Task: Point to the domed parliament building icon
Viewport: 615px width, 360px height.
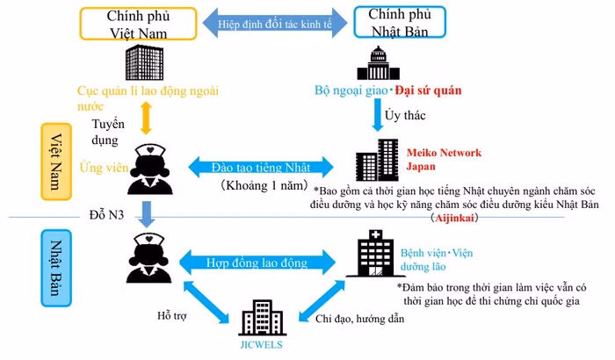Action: click(x=379, y=63)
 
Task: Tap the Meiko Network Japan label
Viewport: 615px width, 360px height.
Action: click(x=443, y=158)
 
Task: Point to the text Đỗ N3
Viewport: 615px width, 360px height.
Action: click(x=109, y=214)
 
